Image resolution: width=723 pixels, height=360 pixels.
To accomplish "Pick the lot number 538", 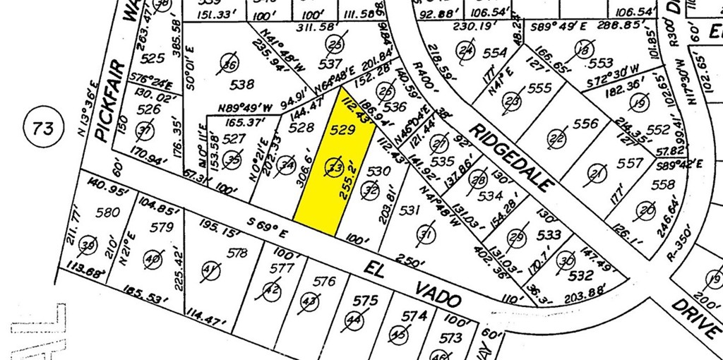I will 242,85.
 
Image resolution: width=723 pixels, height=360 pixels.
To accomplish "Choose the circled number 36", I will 229,61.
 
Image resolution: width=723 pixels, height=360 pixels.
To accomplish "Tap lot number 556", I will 585,124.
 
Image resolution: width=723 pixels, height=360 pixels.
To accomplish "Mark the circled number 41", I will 210,270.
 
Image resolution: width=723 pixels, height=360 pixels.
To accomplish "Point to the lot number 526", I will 148,109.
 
